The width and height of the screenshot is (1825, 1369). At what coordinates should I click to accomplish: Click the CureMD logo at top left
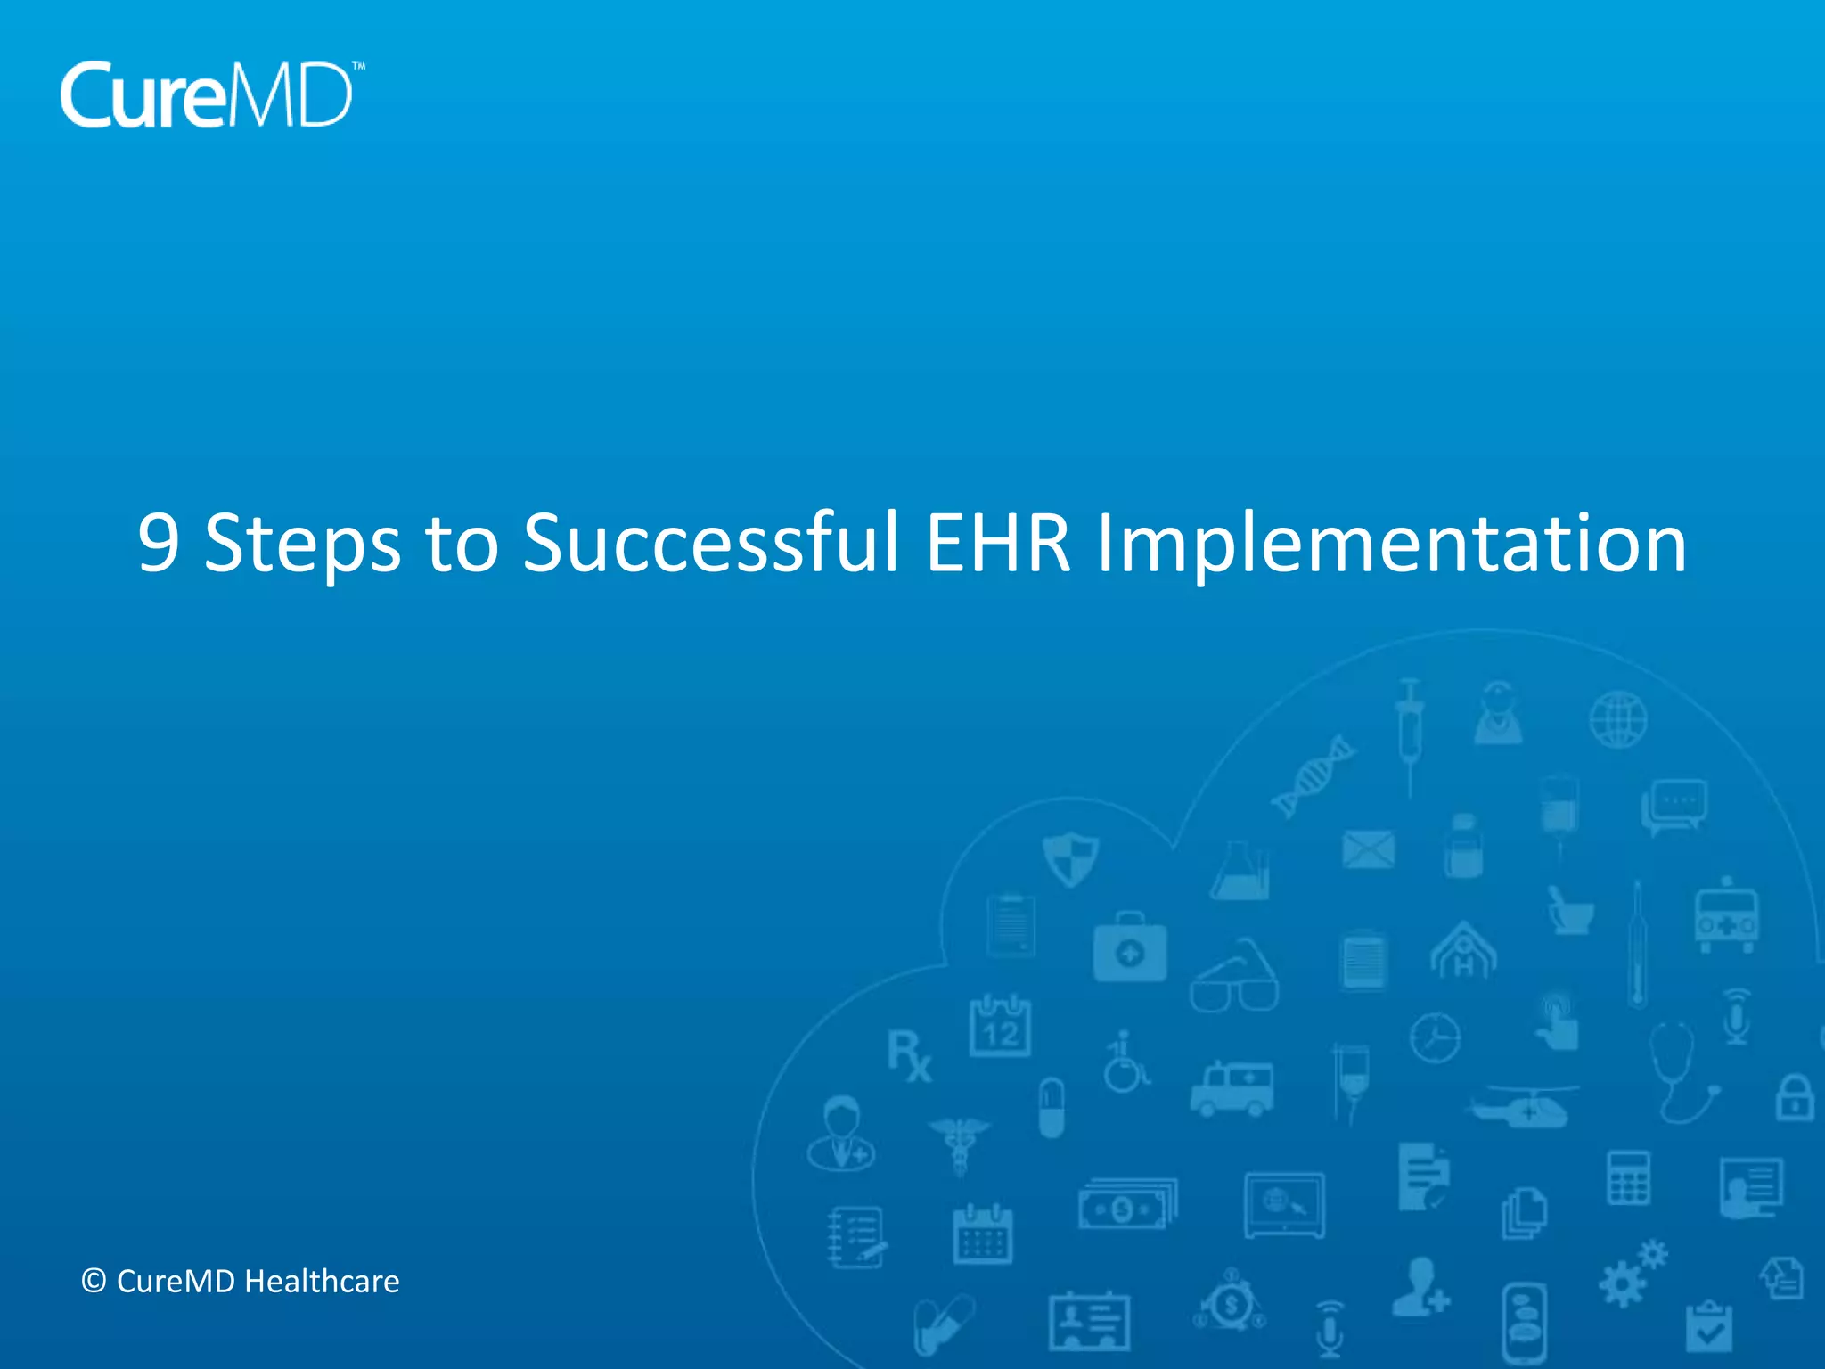(210, 95)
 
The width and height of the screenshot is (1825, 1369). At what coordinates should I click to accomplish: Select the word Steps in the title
(302, 544)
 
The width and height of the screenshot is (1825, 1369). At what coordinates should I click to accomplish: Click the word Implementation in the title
(1391, 544)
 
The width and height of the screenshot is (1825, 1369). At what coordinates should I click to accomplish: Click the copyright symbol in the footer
(94, 1282)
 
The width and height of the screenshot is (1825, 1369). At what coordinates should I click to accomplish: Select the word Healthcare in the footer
(322, 1282)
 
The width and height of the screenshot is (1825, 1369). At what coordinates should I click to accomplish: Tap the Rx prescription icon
(909, 1056)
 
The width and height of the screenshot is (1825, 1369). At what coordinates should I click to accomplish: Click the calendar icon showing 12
(1000, 1027)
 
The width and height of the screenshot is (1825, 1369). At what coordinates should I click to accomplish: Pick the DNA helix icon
(1313, 776)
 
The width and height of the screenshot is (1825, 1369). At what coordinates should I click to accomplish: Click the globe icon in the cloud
(1618, 719)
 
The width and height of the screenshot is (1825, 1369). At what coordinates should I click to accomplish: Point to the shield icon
(1070, 858)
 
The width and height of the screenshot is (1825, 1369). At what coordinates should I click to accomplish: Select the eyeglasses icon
(1234, 979)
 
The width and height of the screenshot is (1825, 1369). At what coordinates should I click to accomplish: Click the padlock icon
(1794, 1098)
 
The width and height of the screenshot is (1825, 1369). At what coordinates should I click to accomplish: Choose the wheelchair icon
(1125, 1063)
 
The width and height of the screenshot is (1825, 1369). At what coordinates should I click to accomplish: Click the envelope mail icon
(1368, 849)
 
